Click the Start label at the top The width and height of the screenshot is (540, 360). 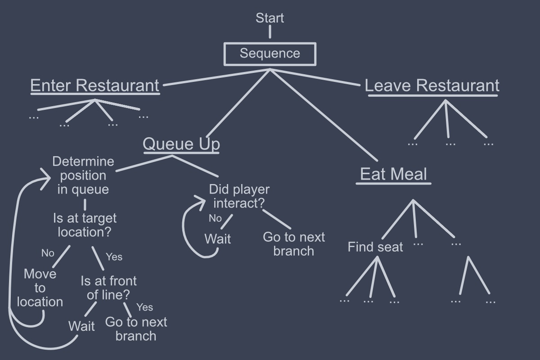tap(270, 18)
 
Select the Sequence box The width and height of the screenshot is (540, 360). tap(270, 54)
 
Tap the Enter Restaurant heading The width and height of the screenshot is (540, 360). tap(94, 85)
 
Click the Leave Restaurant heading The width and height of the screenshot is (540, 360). tap(432, 85)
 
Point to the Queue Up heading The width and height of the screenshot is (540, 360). tap(181, 144)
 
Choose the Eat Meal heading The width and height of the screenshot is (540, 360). tap(393, 174)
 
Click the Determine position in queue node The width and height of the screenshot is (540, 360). tap(83, 175)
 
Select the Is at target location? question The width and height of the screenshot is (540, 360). tap(85, 225)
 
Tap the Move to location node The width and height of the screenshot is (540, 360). tap(40, 288)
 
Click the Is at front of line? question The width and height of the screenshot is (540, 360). tap(108, 288)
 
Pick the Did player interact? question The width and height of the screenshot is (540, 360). tap(239, 196)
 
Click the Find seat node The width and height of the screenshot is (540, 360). tap(375, 247)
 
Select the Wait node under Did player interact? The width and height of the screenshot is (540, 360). tap(218, 238)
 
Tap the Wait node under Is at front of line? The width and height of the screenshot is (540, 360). tap(81, 326)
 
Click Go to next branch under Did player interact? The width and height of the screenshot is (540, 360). tap(293, 243)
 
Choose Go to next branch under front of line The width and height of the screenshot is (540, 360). tap(136, 329)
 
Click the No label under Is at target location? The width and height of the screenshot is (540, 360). tap(48, 253)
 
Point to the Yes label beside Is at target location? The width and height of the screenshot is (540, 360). tap(114, 257)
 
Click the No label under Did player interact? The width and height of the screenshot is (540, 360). tap(216, 218)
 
